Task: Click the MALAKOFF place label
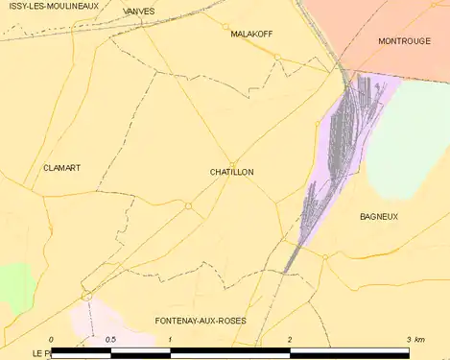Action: (x=251, y=33)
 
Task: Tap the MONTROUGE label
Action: (x=404, y=41)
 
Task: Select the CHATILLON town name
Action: (x=231, y=172)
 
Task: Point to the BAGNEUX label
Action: (x=379, y=217)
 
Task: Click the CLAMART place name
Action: (x=61, y=168)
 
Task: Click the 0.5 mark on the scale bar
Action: (x=110, y=340)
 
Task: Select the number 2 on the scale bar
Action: (x=290, y=340)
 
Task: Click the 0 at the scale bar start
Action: (x=51, y=340)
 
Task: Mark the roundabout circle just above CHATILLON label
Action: (x=233, y=162)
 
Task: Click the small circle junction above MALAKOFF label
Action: (x=226, y=25)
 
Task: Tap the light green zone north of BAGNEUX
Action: (x=408, y=144)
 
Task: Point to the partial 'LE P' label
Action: (x=40, y=353)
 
